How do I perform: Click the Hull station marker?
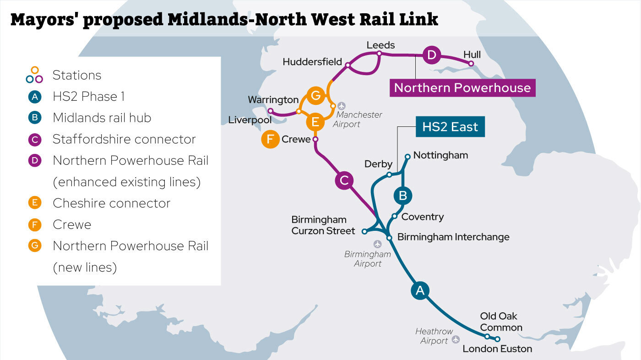point(472,64)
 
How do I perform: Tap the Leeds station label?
point(380,45)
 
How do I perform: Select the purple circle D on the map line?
point(431,55)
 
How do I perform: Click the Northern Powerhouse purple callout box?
point(462,87)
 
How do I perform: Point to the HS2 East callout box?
point(450,127)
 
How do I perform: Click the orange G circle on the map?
point(315,96)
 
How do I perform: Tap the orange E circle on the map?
point(315,122)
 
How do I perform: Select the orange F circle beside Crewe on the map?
point(271,139)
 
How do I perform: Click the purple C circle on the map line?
point(344,180)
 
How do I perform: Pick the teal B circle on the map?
point(403,196)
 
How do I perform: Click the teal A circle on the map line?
point(420,290)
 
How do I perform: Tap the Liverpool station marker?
point(270,111)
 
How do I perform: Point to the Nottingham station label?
point(440,155)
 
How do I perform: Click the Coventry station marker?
point(394,216)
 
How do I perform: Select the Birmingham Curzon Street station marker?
point(364,231)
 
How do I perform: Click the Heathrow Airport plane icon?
point(456,339)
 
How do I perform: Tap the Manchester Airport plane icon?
point(342,106)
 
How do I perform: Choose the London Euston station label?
point(497,349)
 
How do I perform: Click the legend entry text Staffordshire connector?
point(124,139)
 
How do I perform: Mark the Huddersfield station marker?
point(348,65)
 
